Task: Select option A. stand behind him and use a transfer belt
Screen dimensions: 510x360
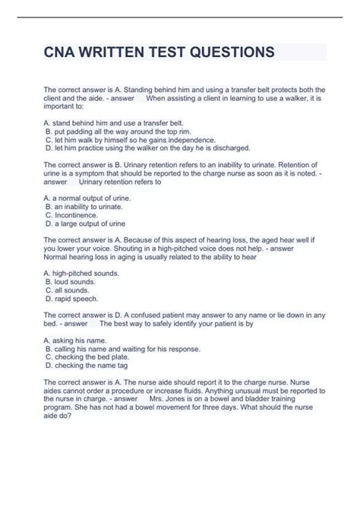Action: [114, 122]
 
